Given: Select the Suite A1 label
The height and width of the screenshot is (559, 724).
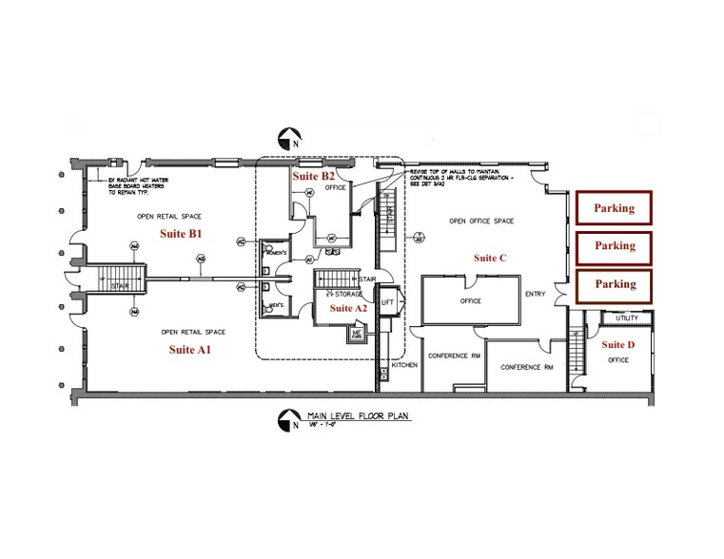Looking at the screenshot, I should click(x=189, y=350).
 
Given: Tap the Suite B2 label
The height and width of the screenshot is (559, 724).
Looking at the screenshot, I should click(x=313, y=176).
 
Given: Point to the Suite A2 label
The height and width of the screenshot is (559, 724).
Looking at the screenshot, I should click(x=347, y=309).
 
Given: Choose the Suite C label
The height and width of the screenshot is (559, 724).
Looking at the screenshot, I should click(x=490, y=258).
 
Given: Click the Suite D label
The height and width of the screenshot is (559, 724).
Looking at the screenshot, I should click(x=618, y=344).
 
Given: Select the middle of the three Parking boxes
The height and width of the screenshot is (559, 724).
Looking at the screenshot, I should click(x=614, y=246).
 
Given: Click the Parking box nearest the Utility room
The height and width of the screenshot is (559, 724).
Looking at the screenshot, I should click(x=614, y=284).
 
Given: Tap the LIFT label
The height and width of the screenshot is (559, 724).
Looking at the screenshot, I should click(x=388, y=301).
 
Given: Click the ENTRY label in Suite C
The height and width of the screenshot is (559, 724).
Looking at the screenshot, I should click(x=536, y=295).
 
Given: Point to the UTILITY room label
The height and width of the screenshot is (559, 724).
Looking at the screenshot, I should click(x=627, y=318).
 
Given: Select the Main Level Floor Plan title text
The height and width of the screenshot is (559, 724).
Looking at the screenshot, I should click(x=345, y=416).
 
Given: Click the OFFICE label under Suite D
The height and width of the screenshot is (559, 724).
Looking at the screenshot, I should click(x=618, y=360).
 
